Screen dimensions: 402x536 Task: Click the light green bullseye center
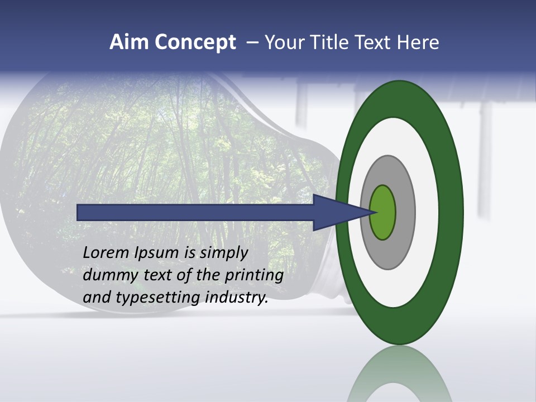(x=382, y=213)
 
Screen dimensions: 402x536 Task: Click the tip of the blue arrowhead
(x=372, y=212)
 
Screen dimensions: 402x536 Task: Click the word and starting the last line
(x=96, y=298)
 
